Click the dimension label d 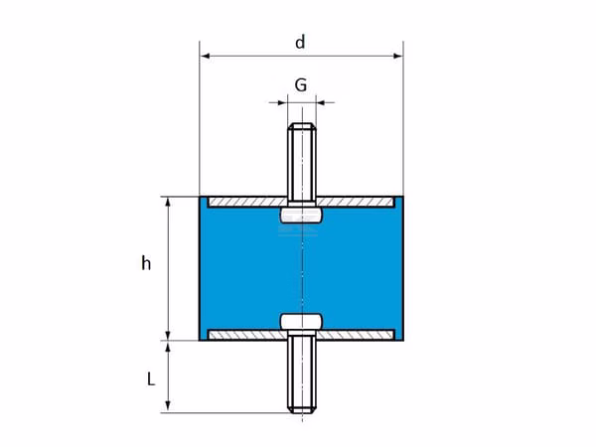(x=300, y=42)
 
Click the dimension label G (x=301, y=85)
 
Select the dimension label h (x=146, y=263)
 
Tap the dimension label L (x=151, y=379)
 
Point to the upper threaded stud (x=302, y=165)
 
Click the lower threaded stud (x=302, y=372)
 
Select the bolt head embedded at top (x=302, y=216)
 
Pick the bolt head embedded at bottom (x=302, y=322)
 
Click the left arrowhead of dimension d (x=206, y=57)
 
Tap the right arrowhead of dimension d (x=398, y=57)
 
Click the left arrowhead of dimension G (x=283, y=102)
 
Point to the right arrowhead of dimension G (x=321, y=102)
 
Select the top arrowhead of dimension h (x=169, y=202)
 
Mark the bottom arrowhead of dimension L (x=168, y=407)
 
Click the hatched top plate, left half (x=247, y=203)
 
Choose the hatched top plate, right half (x=356, y=203)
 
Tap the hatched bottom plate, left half (x=247, y=335)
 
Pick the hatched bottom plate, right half (x=356, y=335)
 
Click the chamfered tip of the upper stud (x=302, y=126)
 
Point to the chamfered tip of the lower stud (x=302, y=410)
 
